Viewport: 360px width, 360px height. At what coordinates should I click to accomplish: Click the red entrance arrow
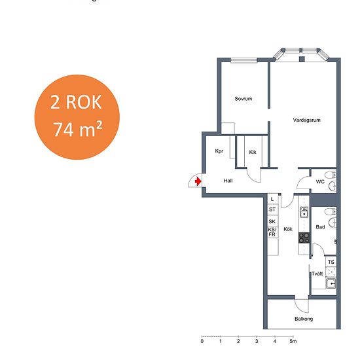[198, 181]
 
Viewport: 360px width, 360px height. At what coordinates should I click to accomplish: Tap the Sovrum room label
[243, 99]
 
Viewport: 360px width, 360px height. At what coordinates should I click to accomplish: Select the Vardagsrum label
[306, 120]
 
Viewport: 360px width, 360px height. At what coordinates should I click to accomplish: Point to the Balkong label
[304, 319]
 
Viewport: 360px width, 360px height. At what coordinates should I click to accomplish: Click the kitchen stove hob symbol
[304, 238]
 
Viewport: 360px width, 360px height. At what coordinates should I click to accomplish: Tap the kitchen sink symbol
[304, 212]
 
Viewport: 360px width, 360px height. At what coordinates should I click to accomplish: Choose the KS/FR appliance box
[273, 232]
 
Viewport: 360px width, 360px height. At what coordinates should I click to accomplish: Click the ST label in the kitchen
[272, 209]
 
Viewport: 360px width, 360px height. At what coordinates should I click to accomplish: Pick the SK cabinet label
[272, 221]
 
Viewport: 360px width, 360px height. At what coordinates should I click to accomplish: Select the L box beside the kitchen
[273, 199]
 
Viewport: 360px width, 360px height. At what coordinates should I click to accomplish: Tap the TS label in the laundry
[331, 262]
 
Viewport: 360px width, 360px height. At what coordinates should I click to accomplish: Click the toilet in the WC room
[331, 175]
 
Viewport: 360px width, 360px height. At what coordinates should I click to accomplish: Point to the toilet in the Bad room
[331, 211]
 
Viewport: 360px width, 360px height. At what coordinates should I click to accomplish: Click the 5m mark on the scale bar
[293, 341]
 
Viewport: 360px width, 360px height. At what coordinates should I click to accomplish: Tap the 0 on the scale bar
[202, 341]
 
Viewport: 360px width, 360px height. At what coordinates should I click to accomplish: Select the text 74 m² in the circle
[78, 129]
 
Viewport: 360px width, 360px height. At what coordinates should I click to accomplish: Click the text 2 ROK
[76, 102]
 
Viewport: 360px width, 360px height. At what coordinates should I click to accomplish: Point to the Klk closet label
[253, 152]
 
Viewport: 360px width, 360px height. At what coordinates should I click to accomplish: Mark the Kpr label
[219, 151]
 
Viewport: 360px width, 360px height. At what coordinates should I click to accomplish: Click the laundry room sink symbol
[331, 283]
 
